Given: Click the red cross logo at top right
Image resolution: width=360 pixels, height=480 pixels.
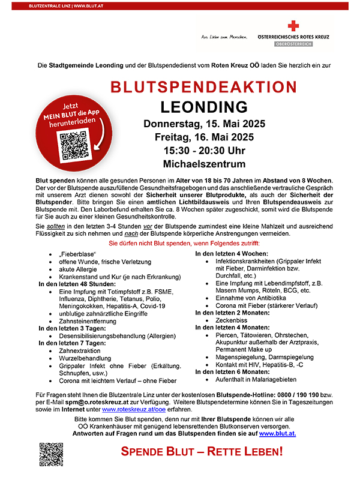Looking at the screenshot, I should point(292,26).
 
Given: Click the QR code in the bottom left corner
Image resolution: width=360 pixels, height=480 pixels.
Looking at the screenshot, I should point(51,454).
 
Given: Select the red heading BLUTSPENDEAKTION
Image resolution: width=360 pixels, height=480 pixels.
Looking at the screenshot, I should point(204,88).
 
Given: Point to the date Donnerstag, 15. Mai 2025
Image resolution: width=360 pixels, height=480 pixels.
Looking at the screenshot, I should point(204,125).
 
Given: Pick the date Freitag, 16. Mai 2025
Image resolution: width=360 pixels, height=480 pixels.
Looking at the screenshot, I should point(204,137).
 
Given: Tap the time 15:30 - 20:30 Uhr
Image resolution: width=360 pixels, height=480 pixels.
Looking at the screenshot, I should point(204,151).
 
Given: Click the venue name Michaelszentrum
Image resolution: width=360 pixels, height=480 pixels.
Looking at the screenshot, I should point(204,164).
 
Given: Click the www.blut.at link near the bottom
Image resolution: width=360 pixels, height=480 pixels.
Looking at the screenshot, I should point(277,433).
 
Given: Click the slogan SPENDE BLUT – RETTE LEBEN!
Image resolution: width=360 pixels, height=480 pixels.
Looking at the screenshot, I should point(202,451).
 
